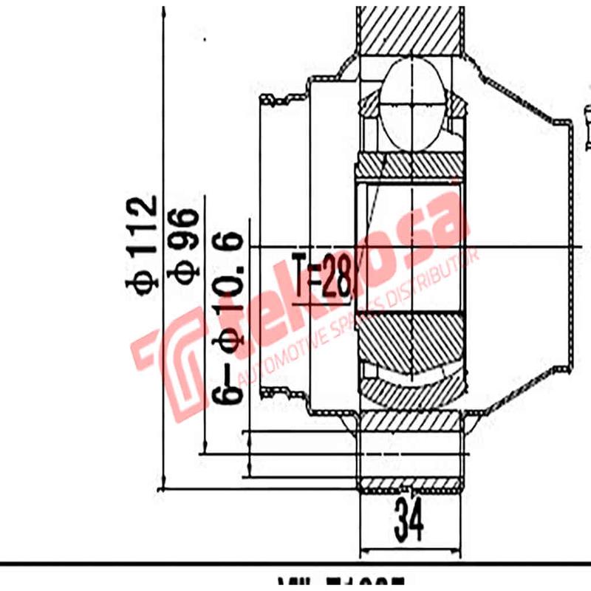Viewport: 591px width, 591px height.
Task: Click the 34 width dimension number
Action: pyautogui.click(x=408, y=521)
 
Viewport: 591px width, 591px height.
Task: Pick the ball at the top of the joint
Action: pyautogui.click(x=412, y=103)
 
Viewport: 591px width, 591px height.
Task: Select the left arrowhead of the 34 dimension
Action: pyautogui.click(x=363, y=550)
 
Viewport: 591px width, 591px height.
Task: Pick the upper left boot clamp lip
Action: pyautogui.click(x=281, y=100)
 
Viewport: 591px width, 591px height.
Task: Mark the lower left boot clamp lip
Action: pyautogui.click(x=281, y=392)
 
